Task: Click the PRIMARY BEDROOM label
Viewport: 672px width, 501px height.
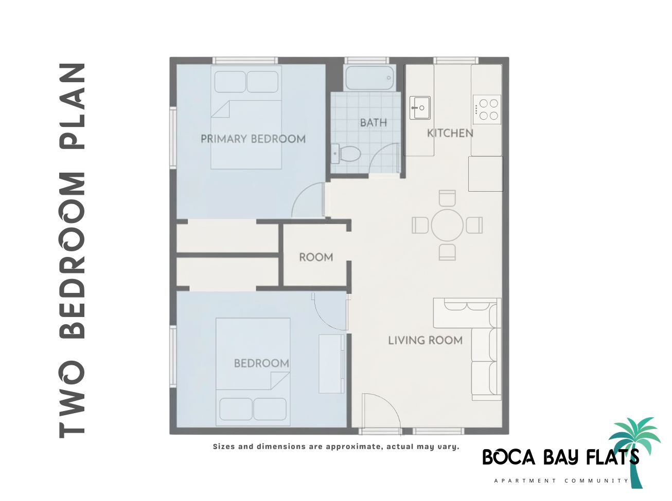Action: tap(253, 139)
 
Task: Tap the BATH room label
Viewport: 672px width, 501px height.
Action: tap(373, 123)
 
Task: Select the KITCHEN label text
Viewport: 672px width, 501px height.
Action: tap(450, 133)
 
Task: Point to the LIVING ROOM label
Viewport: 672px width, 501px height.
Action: tap(425, 340)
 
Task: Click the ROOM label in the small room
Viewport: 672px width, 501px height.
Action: tap(316, 257)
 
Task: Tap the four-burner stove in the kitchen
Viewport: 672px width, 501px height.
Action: tap(487, 109)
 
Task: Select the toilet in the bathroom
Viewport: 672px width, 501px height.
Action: tap(350, 153)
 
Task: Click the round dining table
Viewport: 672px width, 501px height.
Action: tap(447, 225)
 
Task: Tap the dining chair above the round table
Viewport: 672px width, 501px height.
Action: tap(447, 198)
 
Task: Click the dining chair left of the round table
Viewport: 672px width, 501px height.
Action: tap(420, 225)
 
